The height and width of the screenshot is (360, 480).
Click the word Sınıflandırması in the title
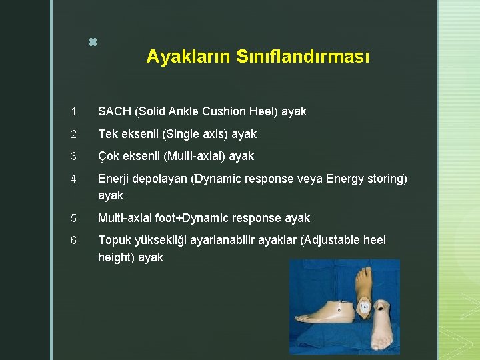302,57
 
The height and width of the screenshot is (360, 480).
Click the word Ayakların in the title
189,57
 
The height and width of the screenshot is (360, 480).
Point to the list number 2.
75,134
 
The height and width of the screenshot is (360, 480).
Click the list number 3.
75,156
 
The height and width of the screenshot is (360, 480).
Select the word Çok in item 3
109,156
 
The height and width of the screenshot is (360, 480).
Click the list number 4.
75,179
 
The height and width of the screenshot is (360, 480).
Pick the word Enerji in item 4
114,179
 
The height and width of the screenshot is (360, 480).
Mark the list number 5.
75,218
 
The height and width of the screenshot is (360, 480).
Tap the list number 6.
75,240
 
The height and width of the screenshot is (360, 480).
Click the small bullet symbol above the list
93,43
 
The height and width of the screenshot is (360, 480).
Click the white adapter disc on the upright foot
364,307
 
